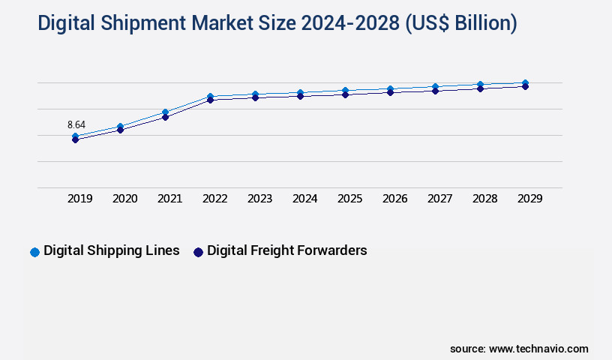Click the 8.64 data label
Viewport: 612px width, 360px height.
point(76,124)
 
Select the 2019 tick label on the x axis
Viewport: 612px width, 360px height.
point(80,199)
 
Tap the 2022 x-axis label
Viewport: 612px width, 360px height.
point(215,199)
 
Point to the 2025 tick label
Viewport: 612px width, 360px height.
point(350,199)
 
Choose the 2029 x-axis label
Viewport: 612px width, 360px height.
point(529,199)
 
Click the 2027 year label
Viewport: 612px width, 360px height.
point(440,199)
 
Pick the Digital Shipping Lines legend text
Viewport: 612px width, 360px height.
point(111,250)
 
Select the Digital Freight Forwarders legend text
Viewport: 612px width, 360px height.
point(287,250)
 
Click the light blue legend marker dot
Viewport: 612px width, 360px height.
point(34,252)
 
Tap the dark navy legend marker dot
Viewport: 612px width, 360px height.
point(199,252)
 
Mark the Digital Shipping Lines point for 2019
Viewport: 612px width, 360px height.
point(76,136)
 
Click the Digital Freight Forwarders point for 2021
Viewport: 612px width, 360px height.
point(165,117)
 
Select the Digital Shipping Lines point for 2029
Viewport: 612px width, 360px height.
point(525,82)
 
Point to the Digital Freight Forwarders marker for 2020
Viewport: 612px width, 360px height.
point(120,130)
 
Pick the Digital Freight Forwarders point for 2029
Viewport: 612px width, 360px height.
point(525,87)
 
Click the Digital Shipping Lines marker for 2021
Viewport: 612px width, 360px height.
point(165,112)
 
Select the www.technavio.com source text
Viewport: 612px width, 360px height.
point(538,349)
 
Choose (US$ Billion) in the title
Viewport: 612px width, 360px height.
point(460,24)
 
